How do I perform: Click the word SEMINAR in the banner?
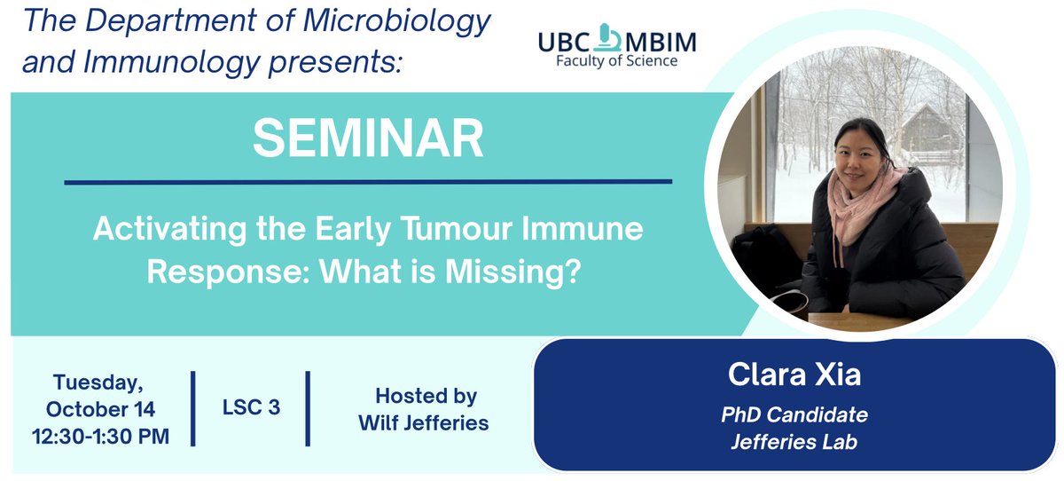(x=368, y=139)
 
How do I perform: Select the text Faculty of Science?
(x=616, y=61)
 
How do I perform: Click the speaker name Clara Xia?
(x=794, y=375)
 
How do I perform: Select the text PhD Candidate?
(x=794, y=414)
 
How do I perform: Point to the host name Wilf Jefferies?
(x=423, y=422)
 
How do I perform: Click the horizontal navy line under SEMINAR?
(x=368, y=182)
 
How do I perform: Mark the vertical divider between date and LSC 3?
(x=193, y=409)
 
